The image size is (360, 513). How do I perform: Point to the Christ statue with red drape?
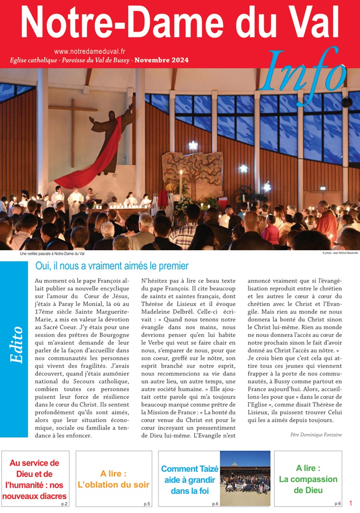point(110,138)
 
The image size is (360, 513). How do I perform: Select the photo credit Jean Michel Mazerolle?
point(341,254)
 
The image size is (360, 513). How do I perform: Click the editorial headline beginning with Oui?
point(112,266)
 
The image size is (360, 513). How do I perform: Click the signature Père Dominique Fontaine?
point(316,435)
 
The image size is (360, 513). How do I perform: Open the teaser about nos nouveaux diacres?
point(35,479)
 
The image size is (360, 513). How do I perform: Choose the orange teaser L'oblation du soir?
point(113,479)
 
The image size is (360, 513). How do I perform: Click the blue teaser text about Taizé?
point(189,480)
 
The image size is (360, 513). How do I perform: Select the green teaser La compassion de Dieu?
point(308,479)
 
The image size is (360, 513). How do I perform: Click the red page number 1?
point(351,503)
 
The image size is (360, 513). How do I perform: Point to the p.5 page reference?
point(147,504)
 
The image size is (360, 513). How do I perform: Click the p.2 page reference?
point(64,504)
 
